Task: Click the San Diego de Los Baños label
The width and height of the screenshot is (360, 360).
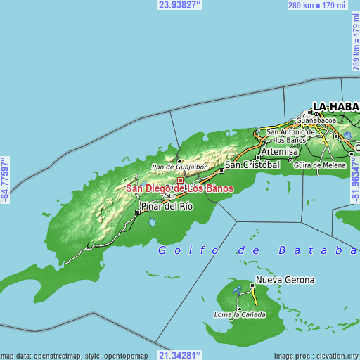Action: tap(180, 188)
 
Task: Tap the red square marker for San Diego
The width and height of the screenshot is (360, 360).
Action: tap(180, 180)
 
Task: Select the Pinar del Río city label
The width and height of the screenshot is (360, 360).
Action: tap(167, 206)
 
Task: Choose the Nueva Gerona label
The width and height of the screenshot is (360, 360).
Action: tap(285, 280)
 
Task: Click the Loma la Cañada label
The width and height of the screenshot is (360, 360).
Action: tap(240, 314)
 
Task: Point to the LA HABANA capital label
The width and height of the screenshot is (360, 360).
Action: tap(335, 107)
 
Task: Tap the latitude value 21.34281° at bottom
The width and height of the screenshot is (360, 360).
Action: tap(179, 355)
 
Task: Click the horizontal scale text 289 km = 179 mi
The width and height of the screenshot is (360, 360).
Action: tap(317, 6)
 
